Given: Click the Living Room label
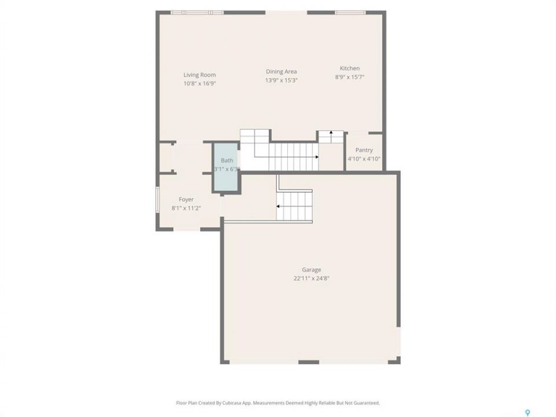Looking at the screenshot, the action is point(200,75).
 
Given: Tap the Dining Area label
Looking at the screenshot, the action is point(281,72).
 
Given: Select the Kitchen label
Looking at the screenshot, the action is point(350,68).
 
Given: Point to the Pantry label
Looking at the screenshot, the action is point(364,151).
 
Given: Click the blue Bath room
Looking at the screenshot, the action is point(226,167).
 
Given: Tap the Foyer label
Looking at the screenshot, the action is point(186,200).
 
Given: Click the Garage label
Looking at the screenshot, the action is point(312,270).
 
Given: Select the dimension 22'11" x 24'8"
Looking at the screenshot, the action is point(312,279).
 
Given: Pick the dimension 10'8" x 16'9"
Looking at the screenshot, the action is point(200,83).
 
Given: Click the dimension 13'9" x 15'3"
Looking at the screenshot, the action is point(281,81).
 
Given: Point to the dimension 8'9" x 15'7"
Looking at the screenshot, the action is point(350,77).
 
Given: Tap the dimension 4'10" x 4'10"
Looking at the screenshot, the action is point(364,159).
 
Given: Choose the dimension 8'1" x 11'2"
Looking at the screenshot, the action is point(186,208).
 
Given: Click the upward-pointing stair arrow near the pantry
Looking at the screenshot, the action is point(331,137).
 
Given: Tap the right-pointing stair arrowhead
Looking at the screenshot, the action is point(317,157).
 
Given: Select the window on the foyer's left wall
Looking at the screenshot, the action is point(158,200).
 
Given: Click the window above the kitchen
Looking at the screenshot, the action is point(350,13).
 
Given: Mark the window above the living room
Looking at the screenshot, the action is point(197,13).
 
